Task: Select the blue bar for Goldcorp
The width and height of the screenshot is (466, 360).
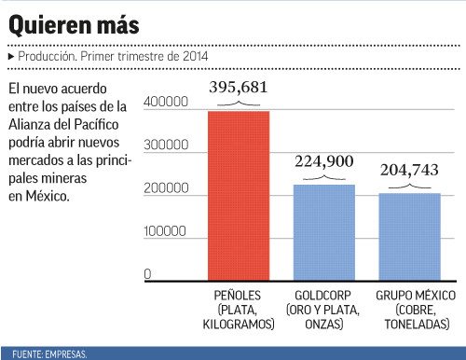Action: point(324,231)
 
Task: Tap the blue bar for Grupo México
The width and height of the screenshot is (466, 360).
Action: point(408,236)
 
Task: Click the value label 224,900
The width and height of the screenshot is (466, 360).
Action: point(324,161)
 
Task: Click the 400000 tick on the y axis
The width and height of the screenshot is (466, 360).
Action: point(168,101)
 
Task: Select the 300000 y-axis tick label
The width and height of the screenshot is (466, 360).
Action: point(168,145)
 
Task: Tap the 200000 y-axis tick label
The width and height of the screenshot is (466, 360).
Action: point(168,188)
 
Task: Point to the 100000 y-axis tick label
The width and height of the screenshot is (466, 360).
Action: point(168,230)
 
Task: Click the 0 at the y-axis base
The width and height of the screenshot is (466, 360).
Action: point(148,273)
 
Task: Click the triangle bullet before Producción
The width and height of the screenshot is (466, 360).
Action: point(10,57)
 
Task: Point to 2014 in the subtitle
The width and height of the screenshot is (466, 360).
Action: point(194,57)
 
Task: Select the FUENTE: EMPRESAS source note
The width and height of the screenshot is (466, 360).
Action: point(49,354)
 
